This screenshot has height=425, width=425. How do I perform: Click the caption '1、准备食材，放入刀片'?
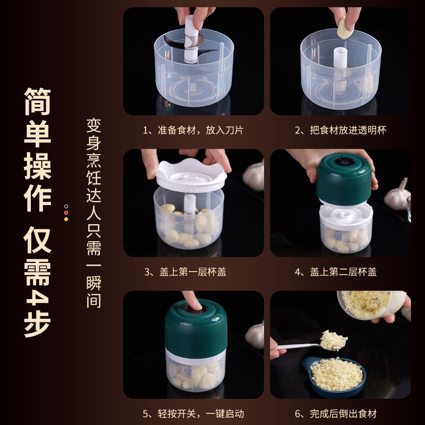[193, 130]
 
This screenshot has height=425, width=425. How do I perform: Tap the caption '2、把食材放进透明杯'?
[341, 130]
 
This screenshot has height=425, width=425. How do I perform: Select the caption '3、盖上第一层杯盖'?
[185, 271]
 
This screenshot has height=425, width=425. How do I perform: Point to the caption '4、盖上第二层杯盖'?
[336, 271]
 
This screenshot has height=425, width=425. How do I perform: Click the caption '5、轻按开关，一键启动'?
[193, 414]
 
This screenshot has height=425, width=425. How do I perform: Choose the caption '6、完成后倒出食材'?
[336, 414]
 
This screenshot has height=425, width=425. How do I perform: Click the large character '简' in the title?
[37, 101]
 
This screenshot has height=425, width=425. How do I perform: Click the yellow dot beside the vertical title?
[66, 219]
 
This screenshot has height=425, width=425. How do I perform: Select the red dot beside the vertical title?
[66, 213]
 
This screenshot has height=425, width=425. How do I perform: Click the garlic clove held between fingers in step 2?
[345, 28]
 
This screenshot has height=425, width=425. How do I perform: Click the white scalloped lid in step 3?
[191, 176]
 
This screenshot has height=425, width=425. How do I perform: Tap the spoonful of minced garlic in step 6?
[333, 341]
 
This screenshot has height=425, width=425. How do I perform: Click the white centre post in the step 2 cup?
[341, 59]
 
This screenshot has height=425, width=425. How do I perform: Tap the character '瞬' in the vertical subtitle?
[94, 283]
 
